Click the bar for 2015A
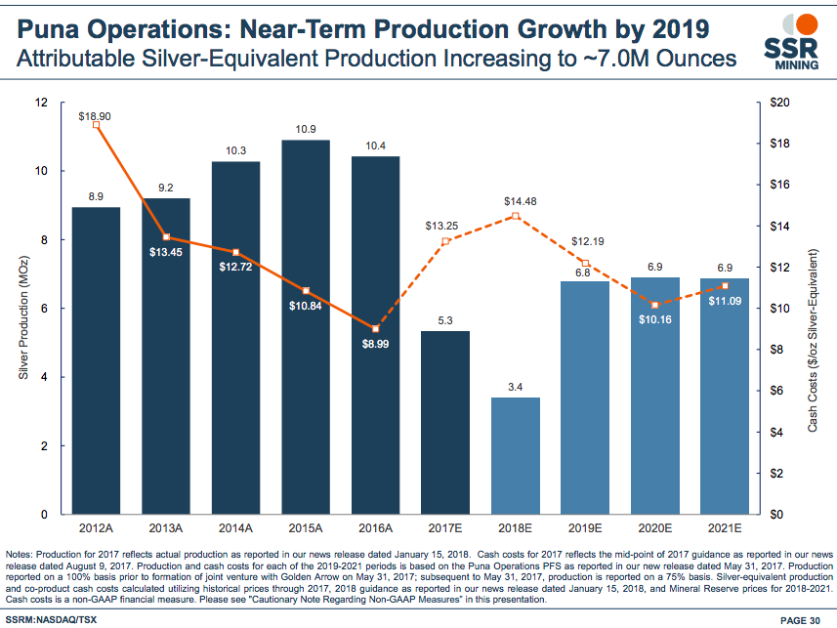(306, 332)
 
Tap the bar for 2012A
(96, 361)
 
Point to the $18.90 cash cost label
(95, 115)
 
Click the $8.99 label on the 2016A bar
(376, 344)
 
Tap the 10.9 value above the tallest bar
(306, 129)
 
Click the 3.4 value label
(516, 387)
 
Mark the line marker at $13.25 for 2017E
(445, 241)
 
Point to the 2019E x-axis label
(585, 528)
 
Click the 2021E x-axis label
(725, 528)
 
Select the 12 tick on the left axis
(41, 103)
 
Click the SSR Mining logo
(791, 44)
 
